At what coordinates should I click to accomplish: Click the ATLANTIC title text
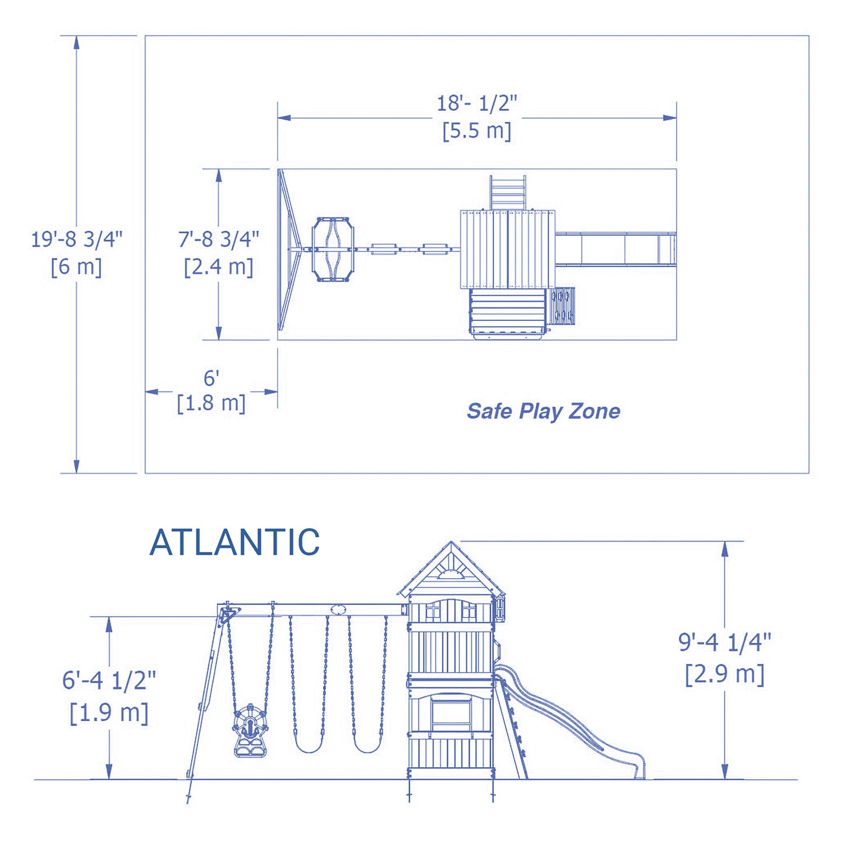tap(235, 543)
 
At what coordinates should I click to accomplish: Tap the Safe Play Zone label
tap(543, 411)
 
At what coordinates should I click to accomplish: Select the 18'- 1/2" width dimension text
tap(477, 103)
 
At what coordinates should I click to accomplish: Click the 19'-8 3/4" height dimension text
tap(76, 239)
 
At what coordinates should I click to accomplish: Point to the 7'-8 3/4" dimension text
tap(219, 239)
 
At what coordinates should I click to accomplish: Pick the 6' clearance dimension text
tap(211, 378)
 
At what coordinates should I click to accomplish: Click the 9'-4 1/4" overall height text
tap(724, 642)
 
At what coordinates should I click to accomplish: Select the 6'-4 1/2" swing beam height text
tap(109, 680)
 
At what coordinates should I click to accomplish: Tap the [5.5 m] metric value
tap(477, 130)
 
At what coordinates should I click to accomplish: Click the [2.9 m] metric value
tap(724, 674)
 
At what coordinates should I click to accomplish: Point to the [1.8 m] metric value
tap(211, 403)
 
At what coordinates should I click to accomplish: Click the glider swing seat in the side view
tap(250, 732)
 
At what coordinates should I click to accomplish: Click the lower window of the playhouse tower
tap(450, 712)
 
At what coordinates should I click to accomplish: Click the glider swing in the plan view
tap(333, 250)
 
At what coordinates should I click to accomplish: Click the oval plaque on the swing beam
tap(338, 610)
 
